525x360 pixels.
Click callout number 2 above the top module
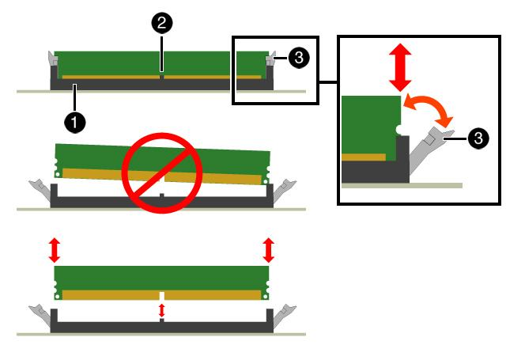pos(161,23)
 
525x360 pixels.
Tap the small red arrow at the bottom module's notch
pos(162,311)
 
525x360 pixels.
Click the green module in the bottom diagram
pos(162,276)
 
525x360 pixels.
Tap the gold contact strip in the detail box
pos(364,157)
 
